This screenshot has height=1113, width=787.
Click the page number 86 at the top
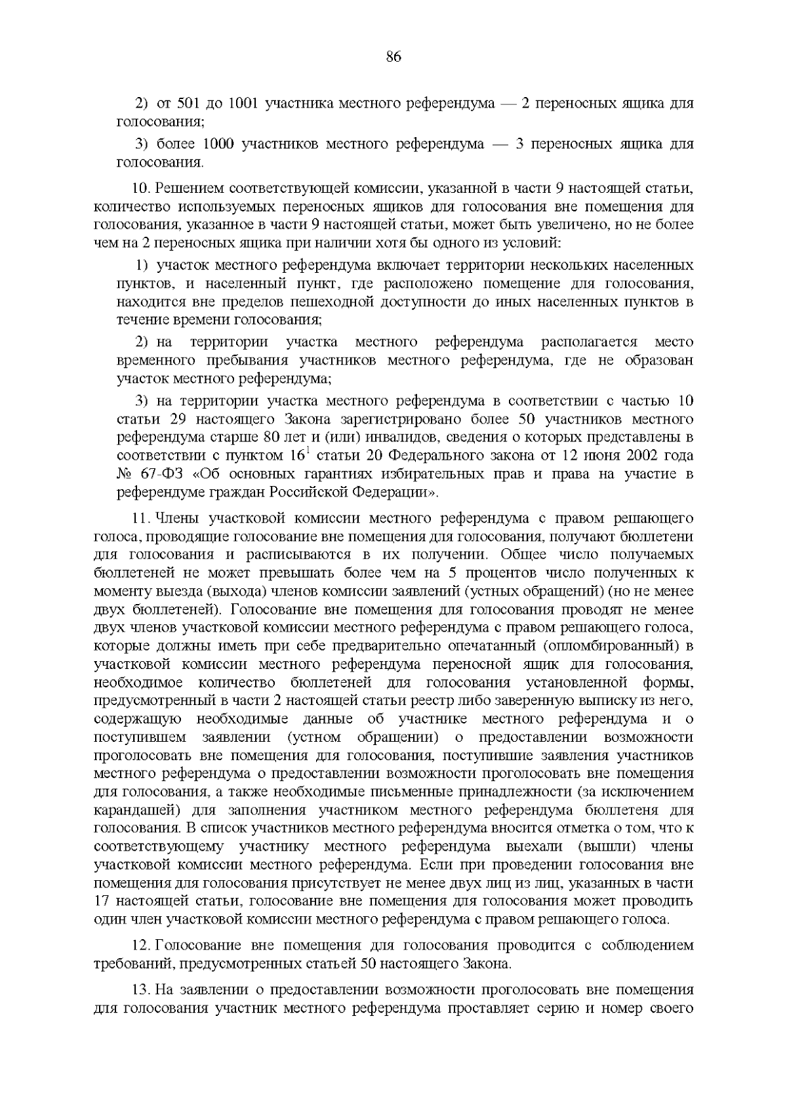pos(393,56)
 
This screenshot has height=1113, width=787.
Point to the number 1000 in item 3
pos(220,144)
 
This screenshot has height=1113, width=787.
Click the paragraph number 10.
pos(142,190)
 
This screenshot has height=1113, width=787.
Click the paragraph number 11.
pos(142,519)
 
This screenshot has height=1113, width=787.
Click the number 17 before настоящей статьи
pos(104,901)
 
